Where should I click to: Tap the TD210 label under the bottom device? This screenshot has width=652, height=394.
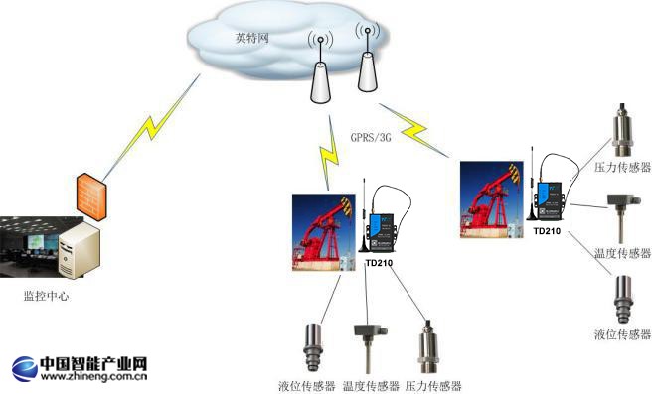[379, 264]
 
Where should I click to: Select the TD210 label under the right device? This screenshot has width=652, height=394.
[548, 231]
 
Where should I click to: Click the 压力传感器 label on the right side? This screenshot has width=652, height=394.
[622, 170]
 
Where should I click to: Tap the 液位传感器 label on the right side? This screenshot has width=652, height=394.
[622, 334]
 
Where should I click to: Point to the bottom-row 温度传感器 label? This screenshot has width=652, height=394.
[371, 385]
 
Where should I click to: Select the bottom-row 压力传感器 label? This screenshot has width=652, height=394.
[433, 385]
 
